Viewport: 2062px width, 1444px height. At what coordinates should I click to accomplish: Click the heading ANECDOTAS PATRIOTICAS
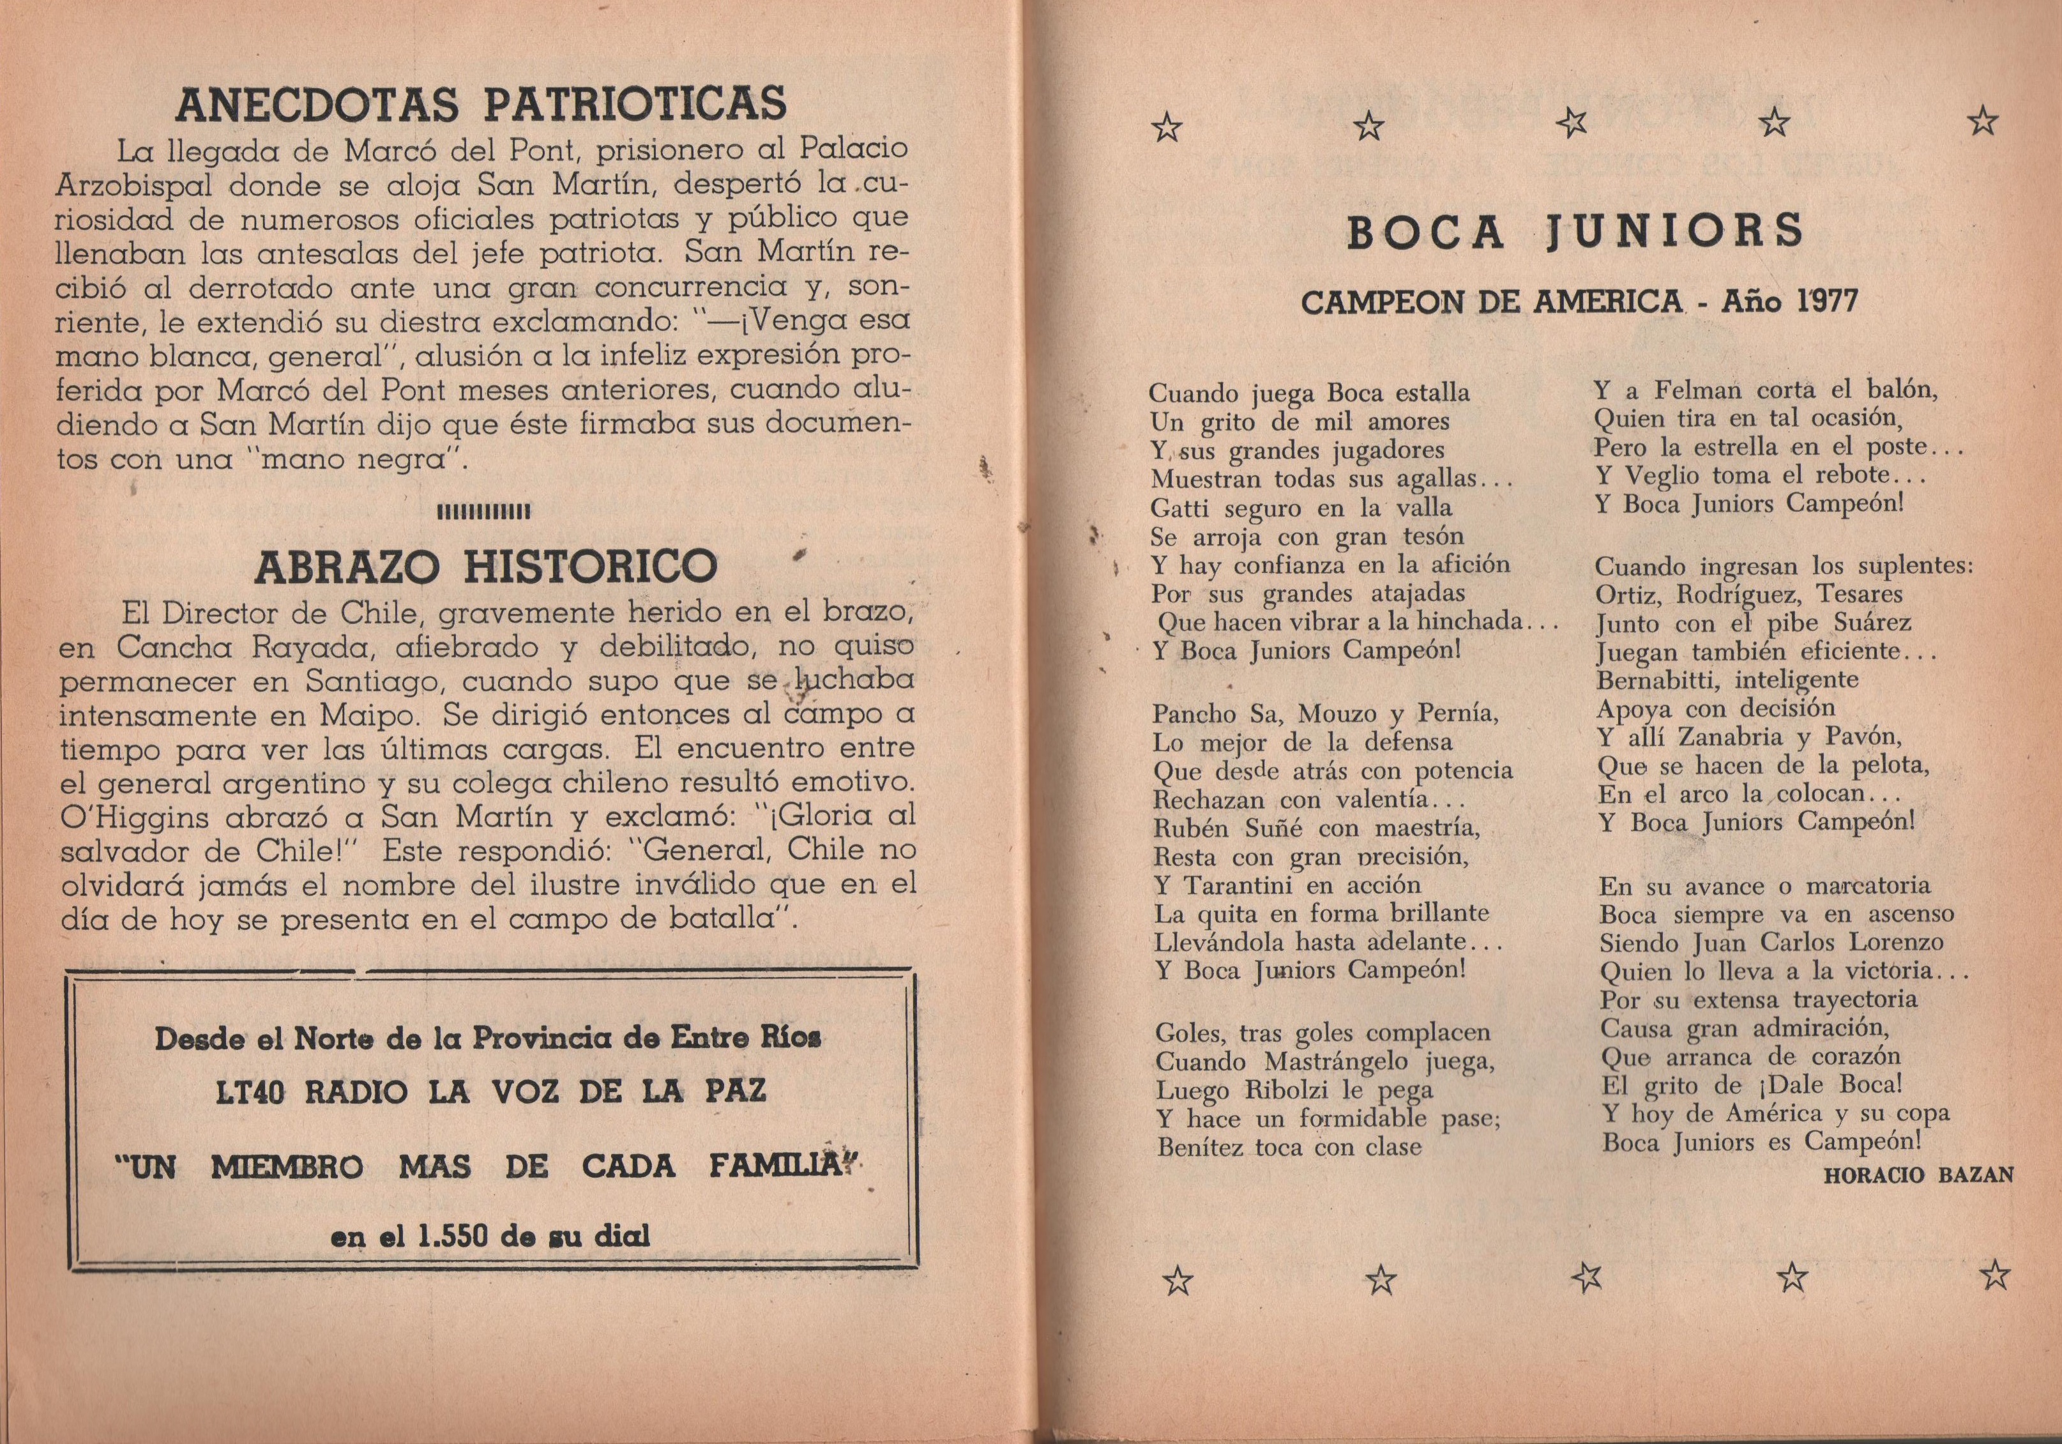click(x=480, y=104)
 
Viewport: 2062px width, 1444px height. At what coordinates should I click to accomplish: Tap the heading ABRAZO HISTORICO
click(x=486, y=566)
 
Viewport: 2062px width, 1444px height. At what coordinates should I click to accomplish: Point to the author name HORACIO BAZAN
click(x=1918, y=1174)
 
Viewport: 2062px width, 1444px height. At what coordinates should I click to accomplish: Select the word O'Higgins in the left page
click(x=122, y=817)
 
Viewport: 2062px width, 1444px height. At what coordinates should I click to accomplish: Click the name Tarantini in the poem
click(x=1238, y=885)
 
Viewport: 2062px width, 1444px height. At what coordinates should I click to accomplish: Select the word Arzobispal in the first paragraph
click(x=132, y=185)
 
